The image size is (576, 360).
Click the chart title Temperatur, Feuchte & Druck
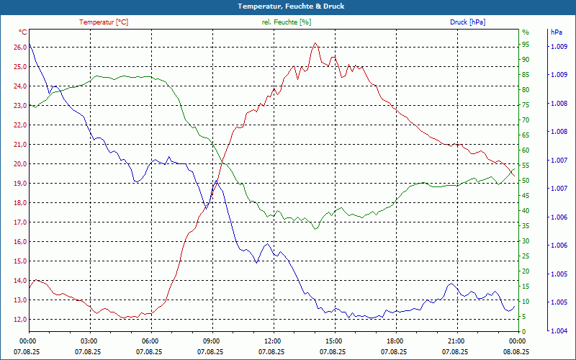tap(288, 6)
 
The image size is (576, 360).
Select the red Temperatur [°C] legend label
tap(104, 22)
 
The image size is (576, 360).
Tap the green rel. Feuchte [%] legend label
tap(287, 22)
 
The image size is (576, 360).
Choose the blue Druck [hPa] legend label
tap(467, 22)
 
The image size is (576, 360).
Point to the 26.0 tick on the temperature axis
tap(20, 48)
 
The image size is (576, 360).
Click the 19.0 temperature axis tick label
tap(20, 184)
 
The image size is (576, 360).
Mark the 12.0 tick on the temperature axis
tap(20, 320)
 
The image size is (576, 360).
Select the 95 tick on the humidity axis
tap(526, 48)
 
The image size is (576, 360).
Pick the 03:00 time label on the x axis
tap(89, 341)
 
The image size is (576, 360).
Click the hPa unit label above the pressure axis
tap(557, 32)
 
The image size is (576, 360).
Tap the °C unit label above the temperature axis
tap(23, 32)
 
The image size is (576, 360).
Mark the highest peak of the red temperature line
tap(315, 43)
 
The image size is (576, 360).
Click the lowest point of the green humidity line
tap(315, 229)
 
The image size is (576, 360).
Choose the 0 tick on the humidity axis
tap(524, 331)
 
